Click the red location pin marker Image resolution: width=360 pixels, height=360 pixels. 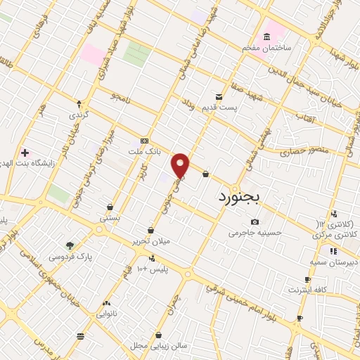click(181, 165)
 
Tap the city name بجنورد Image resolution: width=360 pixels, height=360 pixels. click(239, 196)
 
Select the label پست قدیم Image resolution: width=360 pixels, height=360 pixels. click(237, 107)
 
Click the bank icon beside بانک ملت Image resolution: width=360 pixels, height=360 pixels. click(144, 141)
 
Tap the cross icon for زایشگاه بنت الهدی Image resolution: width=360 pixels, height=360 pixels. click(25, 152)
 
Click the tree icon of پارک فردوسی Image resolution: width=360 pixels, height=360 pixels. click(70, 245)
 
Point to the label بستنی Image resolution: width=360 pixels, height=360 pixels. click(110, 217)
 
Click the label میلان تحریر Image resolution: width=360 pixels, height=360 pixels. click(150, 241)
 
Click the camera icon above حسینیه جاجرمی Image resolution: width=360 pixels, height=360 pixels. click(255, 222)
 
